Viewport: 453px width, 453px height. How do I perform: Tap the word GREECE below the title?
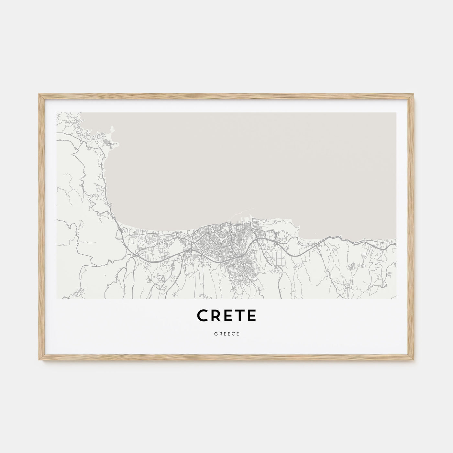(x=226, y=334)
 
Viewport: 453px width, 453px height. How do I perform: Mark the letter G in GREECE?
(x=215, y=334)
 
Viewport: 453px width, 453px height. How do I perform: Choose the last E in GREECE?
(x=238, y=334)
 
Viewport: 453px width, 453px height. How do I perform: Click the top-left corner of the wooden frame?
(x=39, y=94)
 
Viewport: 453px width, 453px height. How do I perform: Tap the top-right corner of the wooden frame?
(x=414, y=94)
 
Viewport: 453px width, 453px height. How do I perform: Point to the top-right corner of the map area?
(x=396, y=113)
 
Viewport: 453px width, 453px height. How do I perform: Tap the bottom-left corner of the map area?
(x=57, y=298)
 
